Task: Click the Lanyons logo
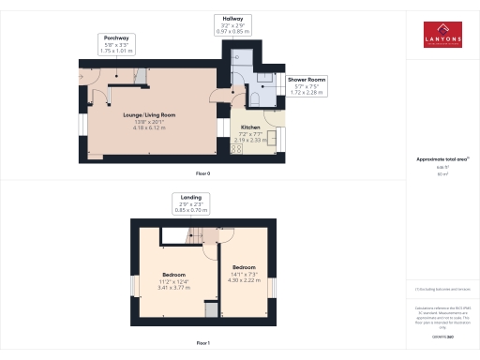coord(442,33)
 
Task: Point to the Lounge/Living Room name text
coord(150,115)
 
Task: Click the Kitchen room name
coord(250,127)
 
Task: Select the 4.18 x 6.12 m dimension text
coord(150,127)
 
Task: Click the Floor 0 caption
coord(203,174)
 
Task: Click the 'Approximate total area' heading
coord(442,158)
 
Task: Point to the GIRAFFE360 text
coord(442,336)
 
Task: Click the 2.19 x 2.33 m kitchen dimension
coord(250,140)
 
